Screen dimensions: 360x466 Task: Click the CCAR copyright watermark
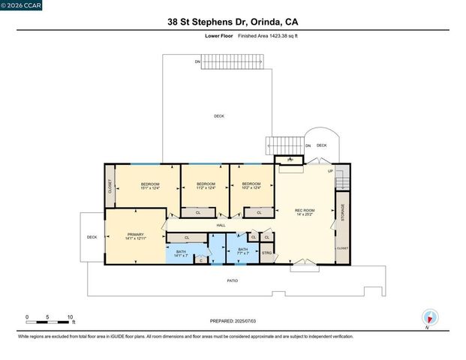click(21, 5)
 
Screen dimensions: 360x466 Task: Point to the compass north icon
click(429, 317)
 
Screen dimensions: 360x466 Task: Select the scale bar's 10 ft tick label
click(70, 317)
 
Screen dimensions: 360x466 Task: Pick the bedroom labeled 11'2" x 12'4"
click(206, 186)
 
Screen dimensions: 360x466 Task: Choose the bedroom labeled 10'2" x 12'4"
click(251, 186)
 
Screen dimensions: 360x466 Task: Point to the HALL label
click(221, 225)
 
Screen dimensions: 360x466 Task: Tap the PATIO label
click(233, 280)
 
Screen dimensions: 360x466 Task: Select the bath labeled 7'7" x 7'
click(242, 251)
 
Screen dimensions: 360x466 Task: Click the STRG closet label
click(266, 253)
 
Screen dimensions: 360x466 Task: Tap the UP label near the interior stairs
click(330, 172)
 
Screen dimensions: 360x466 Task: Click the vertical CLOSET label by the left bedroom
click(110, 186)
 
